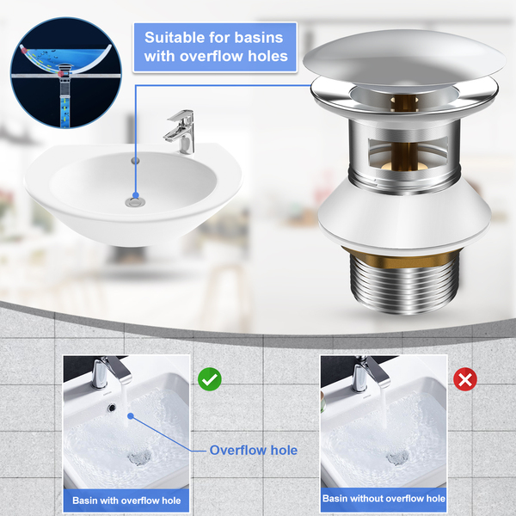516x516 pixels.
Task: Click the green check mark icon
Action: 210,379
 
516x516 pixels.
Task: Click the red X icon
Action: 465,379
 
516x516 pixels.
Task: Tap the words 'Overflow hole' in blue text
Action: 254,450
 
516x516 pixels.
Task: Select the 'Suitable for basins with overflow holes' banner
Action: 215,47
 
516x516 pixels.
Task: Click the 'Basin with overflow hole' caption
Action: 126,501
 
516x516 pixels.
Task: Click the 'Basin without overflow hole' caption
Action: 384,499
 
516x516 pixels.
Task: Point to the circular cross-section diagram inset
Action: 66,73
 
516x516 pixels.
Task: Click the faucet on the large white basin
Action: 181,132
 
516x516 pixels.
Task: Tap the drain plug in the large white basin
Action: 135,201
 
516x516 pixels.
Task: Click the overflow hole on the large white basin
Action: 135,161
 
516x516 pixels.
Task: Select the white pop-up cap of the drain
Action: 404,59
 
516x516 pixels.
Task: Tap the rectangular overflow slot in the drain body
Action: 408,153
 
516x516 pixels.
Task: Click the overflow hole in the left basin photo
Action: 112,408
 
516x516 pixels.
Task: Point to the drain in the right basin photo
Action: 398,458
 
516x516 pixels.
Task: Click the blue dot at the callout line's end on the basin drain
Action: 136,195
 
